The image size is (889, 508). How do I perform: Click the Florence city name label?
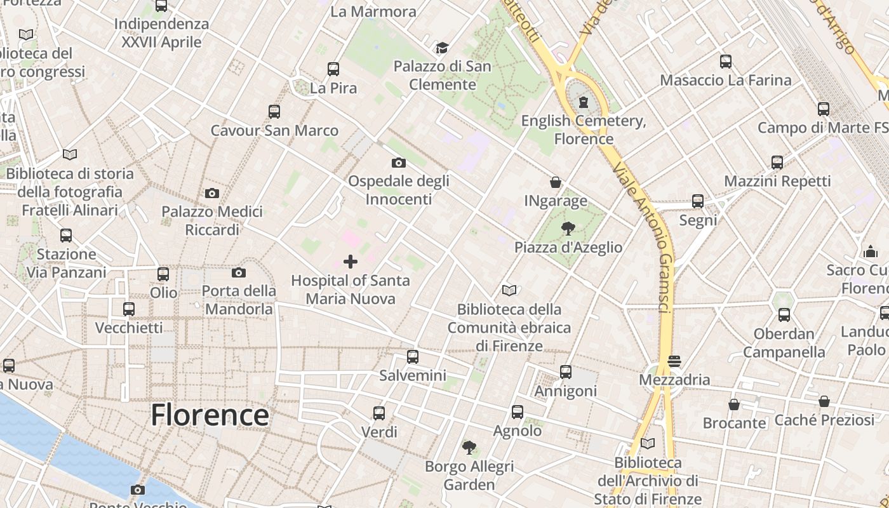click(x=210, y=415)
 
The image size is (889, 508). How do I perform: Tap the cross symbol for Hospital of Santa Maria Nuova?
click(x=350, y=262)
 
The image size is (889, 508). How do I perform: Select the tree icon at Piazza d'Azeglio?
click(x=568, y=229)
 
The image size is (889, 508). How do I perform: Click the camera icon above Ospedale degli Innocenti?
click(x=399, y=163)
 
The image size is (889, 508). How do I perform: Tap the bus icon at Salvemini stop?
click(x=413, y=357)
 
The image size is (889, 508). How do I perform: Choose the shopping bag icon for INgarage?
click(x=556, y=183)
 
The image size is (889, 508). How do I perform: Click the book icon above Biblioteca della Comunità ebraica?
click(x=509, y=291)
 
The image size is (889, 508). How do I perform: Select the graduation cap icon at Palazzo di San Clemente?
click(x=442, y=48)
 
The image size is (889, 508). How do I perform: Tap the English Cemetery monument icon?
click(x=583, y=102)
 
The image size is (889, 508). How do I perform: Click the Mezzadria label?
click(x=674, y=380)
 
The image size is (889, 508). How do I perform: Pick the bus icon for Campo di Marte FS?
click(x=824, y=109)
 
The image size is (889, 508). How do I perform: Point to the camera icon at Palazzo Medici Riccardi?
click(x=212, y=193)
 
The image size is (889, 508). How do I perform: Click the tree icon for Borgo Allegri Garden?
click(x=469, y=448)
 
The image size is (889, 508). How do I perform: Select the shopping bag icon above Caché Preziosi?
click(x=824, y=401)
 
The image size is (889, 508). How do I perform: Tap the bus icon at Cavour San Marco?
click(x=274, y=112)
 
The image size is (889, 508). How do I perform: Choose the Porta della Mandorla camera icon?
click(x=239, y=272)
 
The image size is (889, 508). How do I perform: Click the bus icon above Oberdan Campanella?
click(x=784, y=315)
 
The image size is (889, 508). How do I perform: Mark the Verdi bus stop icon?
click(x=379, y=413)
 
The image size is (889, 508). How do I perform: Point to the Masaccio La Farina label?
click(x=726, y=80)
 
